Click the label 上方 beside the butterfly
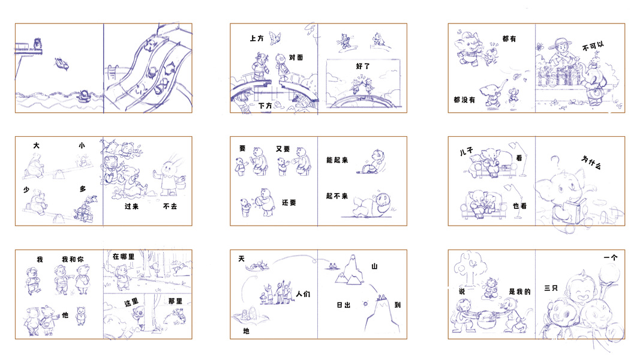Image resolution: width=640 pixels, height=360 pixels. coord(257,38)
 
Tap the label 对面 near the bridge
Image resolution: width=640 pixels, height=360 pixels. coord(296,58)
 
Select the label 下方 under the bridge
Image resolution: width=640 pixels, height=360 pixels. coord(265,106)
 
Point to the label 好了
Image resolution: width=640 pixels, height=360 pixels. coord(363,66)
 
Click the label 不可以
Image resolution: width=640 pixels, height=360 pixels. coord(593,46)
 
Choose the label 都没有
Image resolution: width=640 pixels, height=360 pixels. coord(464,100)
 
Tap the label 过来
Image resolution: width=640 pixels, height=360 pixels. coord(131,206)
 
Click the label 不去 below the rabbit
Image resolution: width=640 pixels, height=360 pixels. coord(170,206)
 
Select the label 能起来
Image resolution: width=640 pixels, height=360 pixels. coord(337,160)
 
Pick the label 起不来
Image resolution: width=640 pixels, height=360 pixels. coord(337,196)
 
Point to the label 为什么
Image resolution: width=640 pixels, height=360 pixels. coord(591,162)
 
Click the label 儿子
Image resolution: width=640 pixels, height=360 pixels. coord(466,151)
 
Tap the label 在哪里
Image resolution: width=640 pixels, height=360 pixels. coord(124,257)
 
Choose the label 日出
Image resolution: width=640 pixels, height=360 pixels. coord(343,305)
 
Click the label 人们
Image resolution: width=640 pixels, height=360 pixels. coord(303,294)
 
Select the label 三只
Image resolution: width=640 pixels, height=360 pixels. coord(551,288)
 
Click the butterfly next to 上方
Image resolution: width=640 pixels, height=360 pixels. coord(275,38)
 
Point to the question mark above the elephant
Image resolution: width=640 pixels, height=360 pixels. coord(555,163)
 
